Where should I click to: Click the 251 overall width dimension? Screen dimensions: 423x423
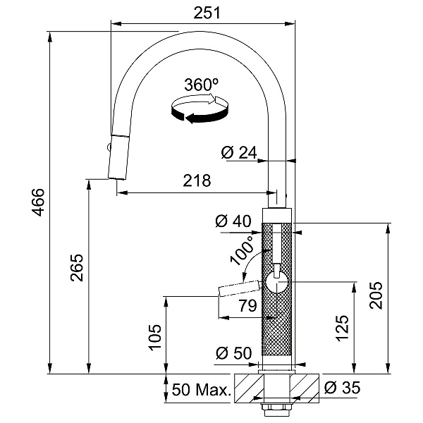pos(207,13)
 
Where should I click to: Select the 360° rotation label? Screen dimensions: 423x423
pos(201,85)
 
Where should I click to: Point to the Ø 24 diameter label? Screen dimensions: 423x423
pos(239,153)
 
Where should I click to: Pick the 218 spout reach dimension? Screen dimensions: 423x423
pos(197,180)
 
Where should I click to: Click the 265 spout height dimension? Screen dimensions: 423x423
pos(77,267)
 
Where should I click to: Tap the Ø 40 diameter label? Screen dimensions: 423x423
pos(233,221)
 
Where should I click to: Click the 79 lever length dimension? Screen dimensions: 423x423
pos(247,306)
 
